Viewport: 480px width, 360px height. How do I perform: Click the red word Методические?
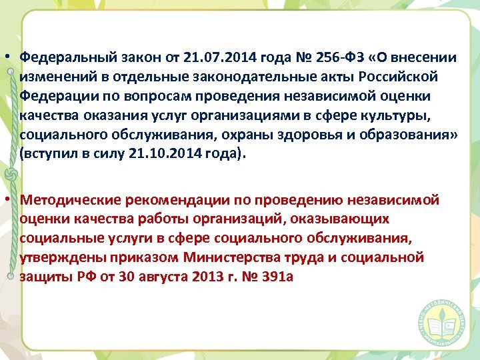tap(65, 199)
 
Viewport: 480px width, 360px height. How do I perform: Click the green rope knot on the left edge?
tap(10, 175)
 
